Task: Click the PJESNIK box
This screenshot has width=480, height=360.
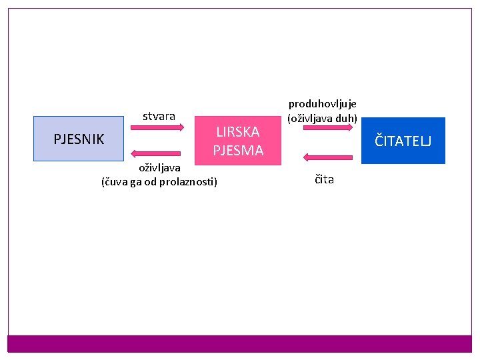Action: pos(79,139)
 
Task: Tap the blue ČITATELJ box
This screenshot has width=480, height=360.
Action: pos(403,141)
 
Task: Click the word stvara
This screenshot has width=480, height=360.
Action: pos(159,117)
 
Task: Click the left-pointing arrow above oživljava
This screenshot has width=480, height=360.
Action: pos(158,153)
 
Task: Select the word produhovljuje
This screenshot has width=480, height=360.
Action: pos(323,104)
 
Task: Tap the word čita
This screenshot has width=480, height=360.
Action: pos(325,179)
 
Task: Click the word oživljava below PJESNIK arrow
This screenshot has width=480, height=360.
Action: pos(159,169)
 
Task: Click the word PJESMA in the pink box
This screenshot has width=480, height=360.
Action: pos(238,151)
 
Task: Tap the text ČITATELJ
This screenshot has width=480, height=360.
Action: pos(403,141)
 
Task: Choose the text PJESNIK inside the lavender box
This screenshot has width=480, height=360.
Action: pos(79,139)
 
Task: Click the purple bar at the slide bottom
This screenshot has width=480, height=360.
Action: pos(240,343)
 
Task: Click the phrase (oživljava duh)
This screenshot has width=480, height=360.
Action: pos(323,119)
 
